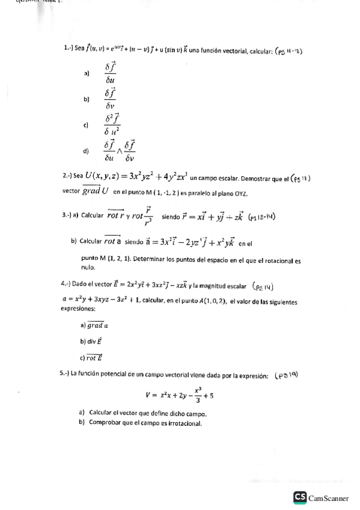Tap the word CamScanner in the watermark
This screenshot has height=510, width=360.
coord(328,498)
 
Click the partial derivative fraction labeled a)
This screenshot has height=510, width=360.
coord(110,73)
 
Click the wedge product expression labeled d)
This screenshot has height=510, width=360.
coord(120,151)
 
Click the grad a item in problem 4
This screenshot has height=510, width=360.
coord(96,325)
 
